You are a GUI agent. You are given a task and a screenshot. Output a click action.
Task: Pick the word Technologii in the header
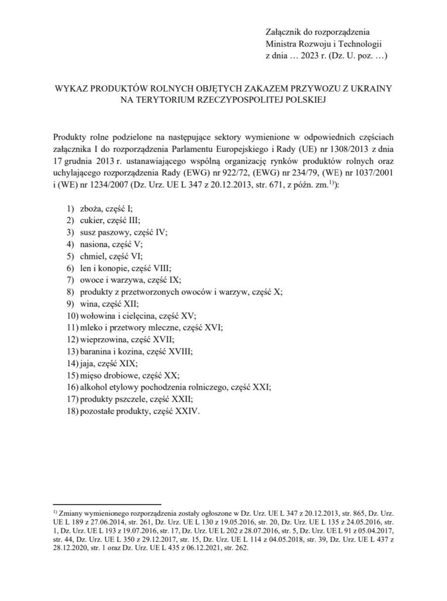pos(360,44)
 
